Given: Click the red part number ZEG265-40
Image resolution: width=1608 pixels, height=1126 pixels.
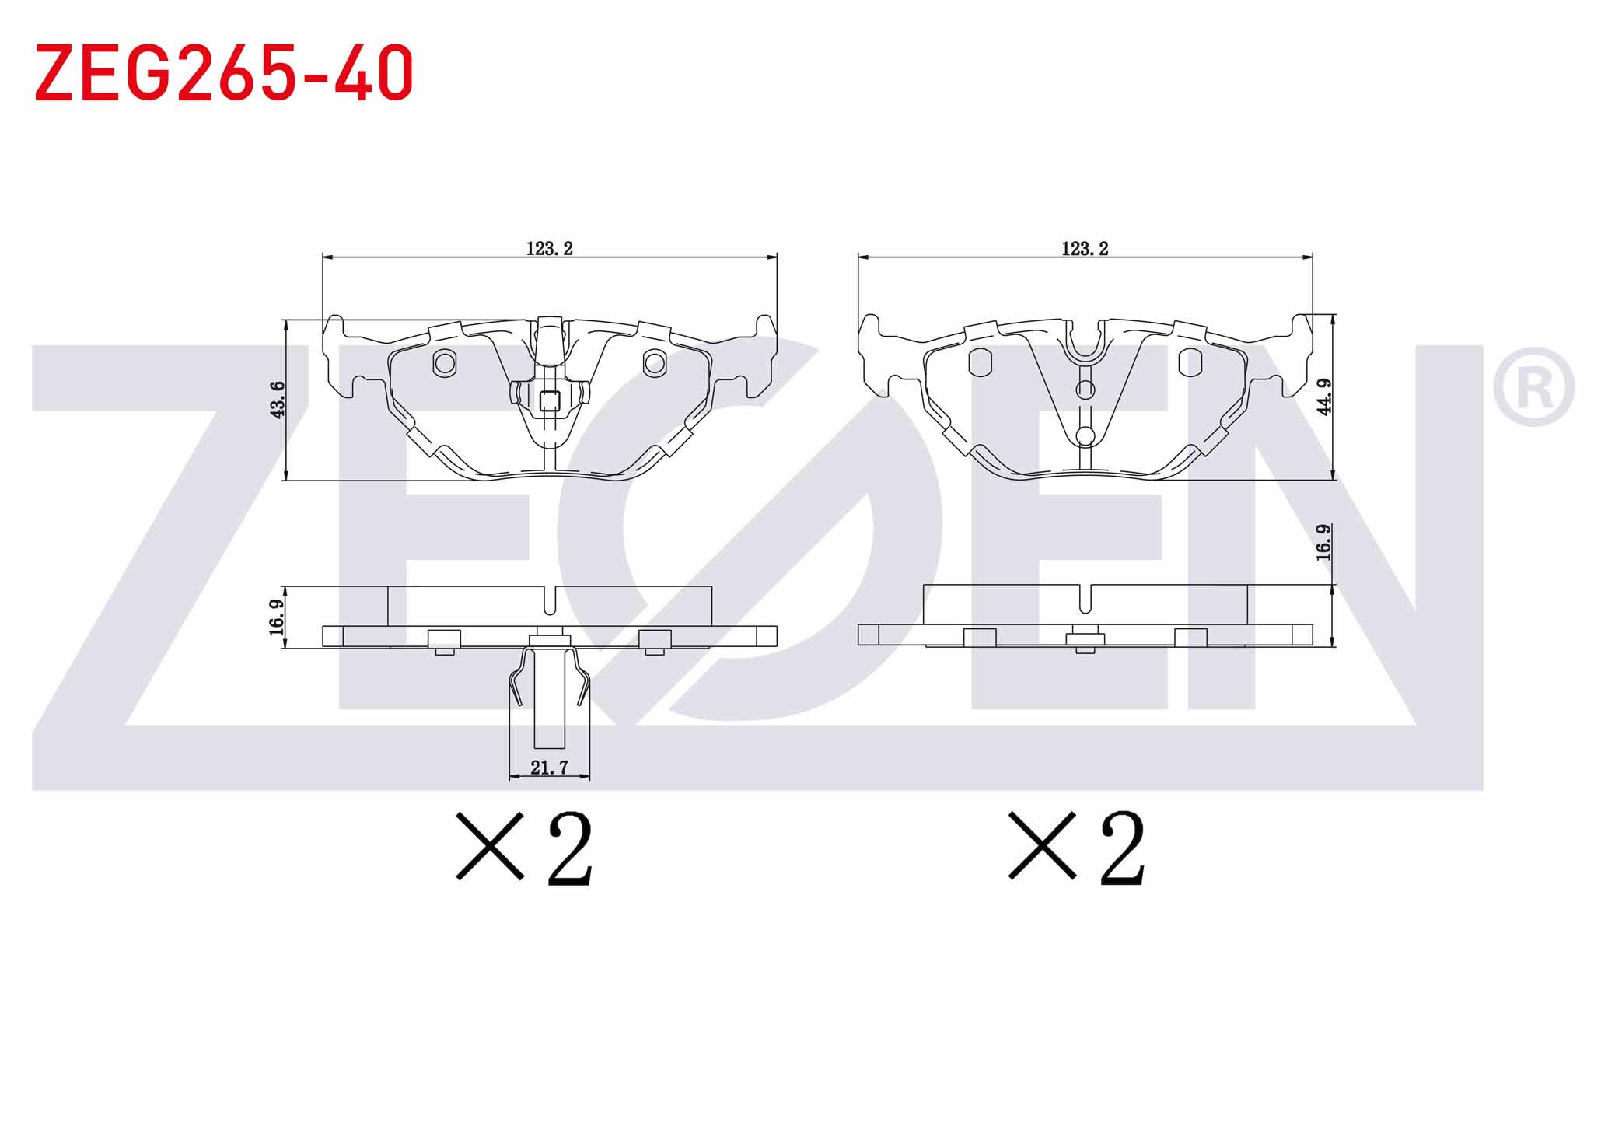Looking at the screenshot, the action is coord(224,72).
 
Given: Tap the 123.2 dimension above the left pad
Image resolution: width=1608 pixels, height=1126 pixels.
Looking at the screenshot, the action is coord(549,249).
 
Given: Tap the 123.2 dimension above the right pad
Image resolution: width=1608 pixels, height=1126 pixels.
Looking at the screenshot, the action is coord(1085,249).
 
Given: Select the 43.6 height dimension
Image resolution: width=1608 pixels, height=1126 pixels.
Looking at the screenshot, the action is coord(278,400).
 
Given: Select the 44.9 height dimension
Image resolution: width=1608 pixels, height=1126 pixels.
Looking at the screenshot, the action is coord(1325,397).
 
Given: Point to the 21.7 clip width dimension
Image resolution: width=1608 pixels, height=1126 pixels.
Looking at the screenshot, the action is coord(549,768).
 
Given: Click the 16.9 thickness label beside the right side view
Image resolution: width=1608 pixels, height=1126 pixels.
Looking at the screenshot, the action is coord(1323,542).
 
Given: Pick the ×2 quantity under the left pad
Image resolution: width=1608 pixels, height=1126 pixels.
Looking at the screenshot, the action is coord(525,848).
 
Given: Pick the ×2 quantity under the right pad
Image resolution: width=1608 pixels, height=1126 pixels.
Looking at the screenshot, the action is coord(1077,848).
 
